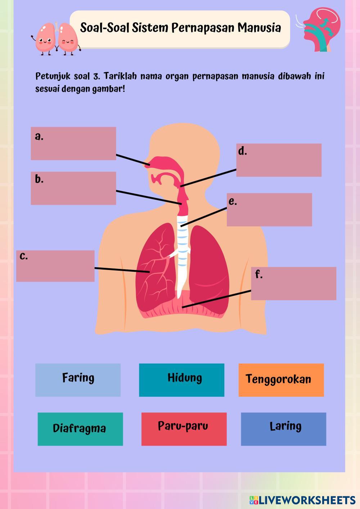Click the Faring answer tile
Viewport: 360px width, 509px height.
[78, 380]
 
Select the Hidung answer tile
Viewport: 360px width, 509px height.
[181, 380]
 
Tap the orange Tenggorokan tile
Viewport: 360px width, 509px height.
[281, 380]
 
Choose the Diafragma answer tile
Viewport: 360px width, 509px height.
[80, 429]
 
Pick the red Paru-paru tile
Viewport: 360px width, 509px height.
[184, 429]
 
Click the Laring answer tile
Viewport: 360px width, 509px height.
[283, 429]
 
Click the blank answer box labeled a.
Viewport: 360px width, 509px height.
[73, 143]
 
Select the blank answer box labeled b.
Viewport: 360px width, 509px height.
[73, 188]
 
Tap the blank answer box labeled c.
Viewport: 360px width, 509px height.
[55, 266]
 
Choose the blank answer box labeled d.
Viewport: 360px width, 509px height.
[279, 160]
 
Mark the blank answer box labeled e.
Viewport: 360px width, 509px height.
[269, 210]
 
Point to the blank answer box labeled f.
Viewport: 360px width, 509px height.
[293, 283]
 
